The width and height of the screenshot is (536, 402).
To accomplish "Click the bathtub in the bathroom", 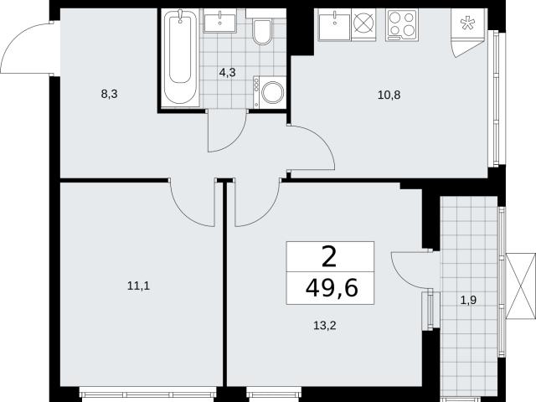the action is [181, 57].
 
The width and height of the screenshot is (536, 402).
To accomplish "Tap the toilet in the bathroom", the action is [262, 32].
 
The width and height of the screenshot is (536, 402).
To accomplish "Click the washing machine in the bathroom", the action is [270, 92].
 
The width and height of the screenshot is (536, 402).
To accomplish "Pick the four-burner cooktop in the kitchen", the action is [402, 25].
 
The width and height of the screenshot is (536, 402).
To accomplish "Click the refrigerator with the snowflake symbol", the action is [467, 33].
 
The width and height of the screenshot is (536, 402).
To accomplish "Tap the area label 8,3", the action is [110, 94].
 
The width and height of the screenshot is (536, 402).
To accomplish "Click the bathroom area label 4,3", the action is [228, 73].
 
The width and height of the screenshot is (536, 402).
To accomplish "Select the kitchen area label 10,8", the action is [389, 95].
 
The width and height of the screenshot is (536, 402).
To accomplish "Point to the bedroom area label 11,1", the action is [138, 286].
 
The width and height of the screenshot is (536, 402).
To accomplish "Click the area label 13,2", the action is [325, 326].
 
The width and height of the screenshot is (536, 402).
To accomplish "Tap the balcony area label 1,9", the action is [468, 301].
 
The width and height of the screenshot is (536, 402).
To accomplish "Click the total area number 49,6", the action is [332, 288].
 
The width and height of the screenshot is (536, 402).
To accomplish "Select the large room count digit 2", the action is [329, 257].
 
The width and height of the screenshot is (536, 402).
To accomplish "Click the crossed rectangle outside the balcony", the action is [521, 286].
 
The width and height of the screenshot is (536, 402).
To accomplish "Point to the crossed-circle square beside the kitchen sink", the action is [363, 23].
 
